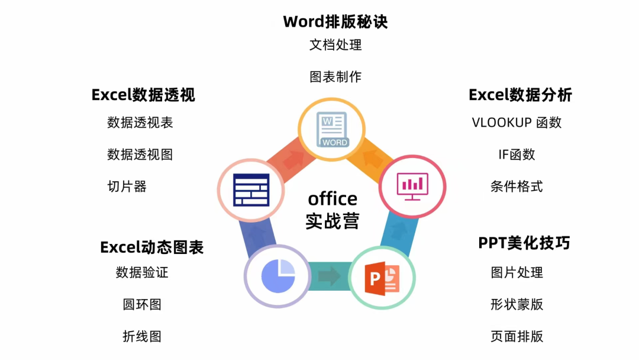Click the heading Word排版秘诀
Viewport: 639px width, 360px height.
click(335, 22)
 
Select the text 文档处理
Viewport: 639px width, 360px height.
click(335, 44)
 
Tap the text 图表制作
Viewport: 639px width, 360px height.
click(335, 76)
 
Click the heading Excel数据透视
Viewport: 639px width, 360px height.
click(143, 95)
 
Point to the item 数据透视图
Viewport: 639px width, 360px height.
click(140, 155)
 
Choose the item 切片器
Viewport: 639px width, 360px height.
click(127, 187)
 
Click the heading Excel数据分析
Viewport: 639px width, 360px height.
click(520, 95)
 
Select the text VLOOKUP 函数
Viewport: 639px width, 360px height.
click(517, 123)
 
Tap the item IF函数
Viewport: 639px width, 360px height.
click(517, 155)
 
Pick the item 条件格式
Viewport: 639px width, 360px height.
click(517, 187)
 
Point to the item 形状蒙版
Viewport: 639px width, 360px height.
click(517, 304)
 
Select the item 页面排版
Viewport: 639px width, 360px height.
click(517, 336)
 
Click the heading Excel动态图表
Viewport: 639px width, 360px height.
click(151, 247)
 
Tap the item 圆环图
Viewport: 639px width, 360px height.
click(142, 304)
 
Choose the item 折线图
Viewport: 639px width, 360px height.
click(142, 336)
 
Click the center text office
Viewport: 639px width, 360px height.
click(333, 198)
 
